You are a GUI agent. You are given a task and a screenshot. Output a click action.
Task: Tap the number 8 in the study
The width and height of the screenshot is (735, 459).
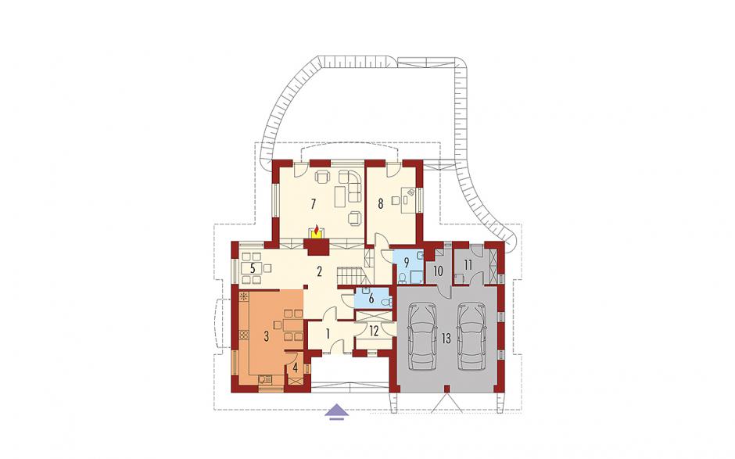click(x=381, y=203)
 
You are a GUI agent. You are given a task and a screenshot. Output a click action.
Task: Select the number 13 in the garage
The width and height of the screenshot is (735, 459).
click(x=446, y=339)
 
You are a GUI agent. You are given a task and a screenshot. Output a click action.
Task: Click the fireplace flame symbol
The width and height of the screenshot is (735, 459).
click(x=317, y=231)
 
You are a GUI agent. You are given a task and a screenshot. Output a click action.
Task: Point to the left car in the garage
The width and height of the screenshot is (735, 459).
click(x=423, y=337)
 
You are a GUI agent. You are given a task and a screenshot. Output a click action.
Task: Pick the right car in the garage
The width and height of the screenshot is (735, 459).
click(x=471, y=337)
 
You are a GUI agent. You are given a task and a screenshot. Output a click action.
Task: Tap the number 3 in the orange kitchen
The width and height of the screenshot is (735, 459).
click(x=266, y=335)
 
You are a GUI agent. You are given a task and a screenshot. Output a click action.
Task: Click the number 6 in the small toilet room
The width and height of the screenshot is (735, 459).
click(x=371, y=299)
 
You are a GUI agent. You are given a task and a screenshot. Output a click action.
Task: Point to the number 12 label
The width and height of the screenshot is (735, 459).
click(x=374, y=331)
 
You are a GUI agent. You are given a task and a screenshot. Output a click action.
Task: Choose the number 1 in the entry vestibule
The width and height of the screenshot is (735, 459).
click(x=328, y=334)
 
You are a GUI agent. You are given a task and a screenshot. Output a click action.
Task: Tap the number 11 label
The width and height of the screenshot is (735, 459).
click(x=468, y=264)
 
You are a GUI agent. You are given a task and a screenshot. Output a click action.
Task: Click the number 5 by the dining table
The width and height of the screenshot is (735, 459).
click(x=253, y=269)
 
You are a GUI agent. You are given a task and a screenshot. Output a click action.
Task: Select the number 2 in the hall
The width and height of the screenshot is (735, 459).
click(x=319, y=271)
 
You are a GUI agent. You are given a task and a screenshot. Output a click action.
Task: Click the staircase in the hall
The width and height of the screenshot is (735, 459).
click(x=350, y=274)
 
